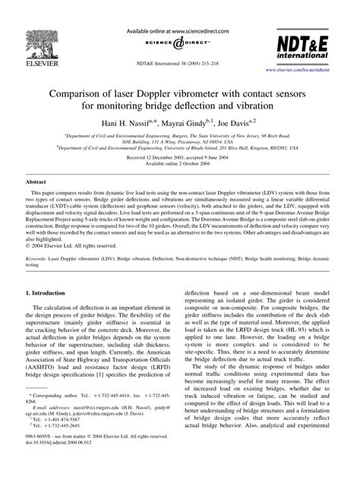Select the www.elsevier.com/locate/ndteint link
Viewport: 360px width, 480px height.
pyautogui.click(x=311, y=69)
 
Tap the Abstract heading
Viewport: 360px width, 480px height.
pyautogui.click(x=36, y=183)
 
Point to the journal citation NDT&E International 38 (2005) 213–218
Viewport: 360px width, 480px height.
pyautogui.click(x=179, y=65)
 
